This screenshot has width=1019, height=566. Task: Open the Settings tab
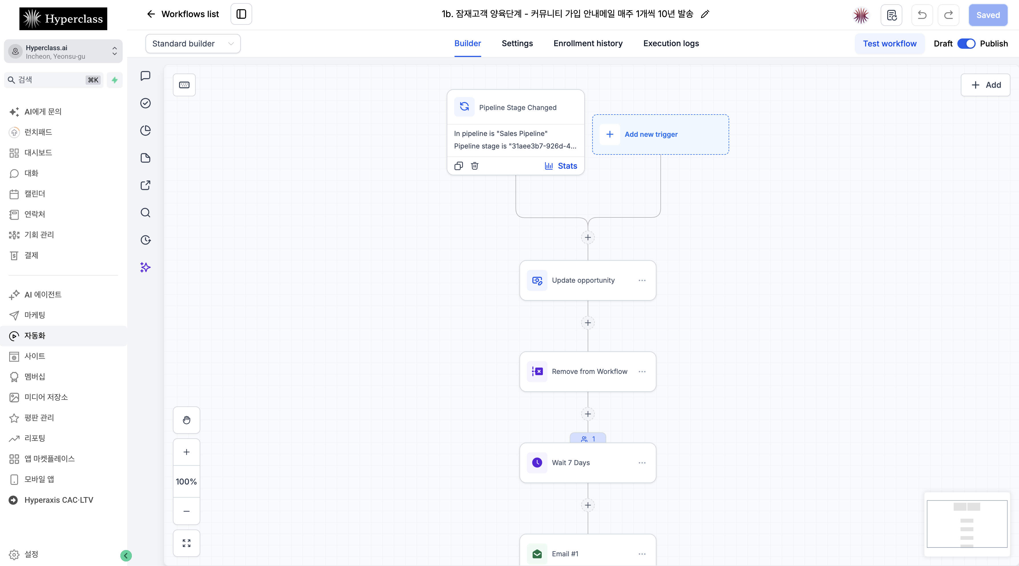click(x=517, y=44)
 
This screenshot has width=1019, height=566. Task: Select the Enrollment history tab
click(x=588, y=44)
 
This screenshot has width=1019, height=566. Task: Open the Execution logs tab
click(x=671, y=44)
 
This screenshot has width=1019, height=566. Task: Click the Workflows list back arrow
click(x=151, y=14)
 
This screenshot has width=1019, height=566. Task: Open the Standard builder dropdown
click(x=193, y=44)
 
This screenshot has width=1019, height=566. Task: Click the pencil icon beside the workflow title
click(x=705, y=14)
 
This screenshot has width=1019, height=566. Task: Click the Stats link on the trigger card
click(x=561, y=166)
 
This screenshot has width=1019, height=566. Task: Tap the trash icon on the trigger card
click(x=475, y=166)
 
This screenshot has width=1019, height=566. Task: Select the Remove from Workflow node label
click(x=589, y=372)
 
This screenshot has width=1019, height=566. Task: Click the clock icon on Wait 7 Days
click(x=537, y=463)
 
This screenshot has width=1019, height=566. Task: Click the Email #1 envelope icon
click(x=537, y=554)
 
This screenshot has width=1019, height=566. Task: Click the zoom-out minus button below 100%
click(x=186, y=511)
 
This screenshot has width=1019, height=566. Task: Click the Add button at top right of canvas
click(x=985, y=85)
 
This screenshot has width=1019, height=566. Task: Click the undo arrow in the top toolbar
click(x=922, y=15)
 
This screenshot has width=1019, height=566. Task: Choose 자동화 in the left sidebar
click(x=35, y=335)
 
